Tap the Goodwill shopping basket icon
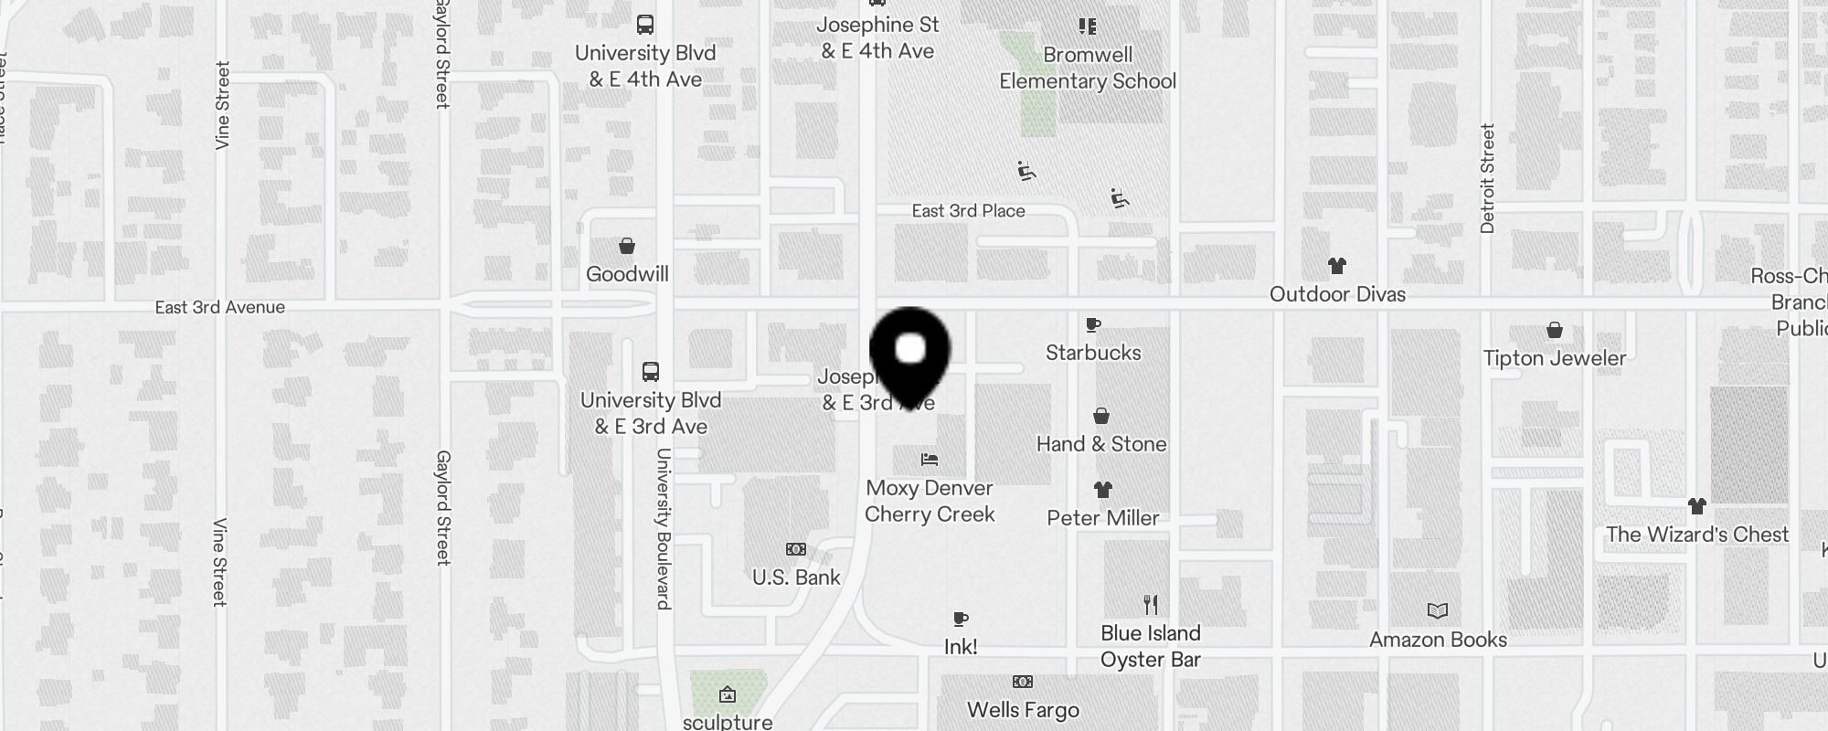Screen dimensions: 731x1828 point(627,246)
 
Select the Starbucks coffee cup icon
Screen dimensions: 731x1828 point(1092,324)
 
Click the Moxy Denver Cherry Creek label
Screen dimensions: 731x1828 point(930,501)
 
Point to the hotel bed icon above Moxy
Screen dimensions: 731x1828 point(930,459)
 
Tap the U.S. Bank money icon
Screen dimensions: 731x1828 point(796,549)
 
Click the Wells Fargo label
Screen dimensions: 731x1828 point(1023,710)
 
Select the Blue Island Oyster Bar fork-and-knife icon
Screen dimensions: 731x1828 point(1151,604)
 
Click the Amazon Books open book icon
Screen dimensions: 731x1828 point(1438,610)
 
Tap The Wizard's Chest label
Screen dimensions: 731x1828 point(1697,535)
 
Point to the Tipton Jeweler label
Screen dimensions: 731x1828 point(1555,358)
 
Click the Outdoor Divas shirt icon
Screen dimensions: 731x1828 point(1337,266)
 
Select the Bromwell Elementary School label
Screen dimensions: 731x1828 point(1088,68)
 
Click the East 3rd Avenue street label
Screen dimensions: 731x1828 point(220,307)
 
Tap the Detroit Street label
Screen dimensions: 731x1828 point(1487,179)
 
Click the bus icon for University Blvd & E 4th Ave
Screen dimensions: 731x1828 point(645,25)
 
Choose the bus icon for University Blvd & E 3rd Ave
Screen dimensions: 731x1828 point(651,372)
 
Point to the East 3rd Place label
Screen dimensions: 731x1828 point(968,211)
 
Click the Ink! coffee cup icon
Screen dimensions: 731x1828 point(960,620)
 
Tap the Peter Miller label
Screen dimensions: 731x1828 point(1102,518)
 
